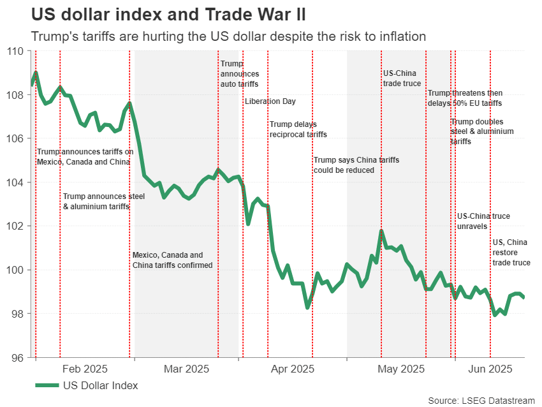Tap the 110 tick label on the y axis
pyautogui.click(x=15, y=51)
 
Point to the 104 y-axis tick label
pyautogui.click(x=15, y=182)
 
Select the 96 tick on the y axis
pyautogui.click(x=15, y=358)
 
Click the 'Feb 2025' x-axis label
pyautogui.click(x=85, y=369)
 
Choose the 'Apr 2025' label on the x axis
pyautogui.click(x=292, y=369)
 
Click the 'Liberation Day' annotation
pyautogui.click(x=270, y=101)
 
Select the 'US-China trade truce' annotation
pyautogui.click(x=402, y=78)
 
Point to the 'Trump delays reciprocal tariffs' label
pyautogui.click(x=298, y=129)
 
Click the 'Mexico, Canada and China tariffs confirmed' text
pyautogui.click(x=172, y=260)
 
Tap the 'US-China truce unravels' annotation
pyautogui.click(x=483, y=221)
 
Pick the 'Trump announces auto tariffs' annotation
pyautogui.click(x=239, y=73)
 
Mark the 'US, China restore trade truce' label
pyautogui.click(x=511, y=252)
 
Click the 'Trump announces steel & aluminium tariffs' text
pyautogui.click(x=104, y=201)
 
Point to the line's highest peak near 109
pyautogui.click(x=36, y=72)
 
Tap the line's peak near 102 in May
pyautogui.click(x=381, y=230)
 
